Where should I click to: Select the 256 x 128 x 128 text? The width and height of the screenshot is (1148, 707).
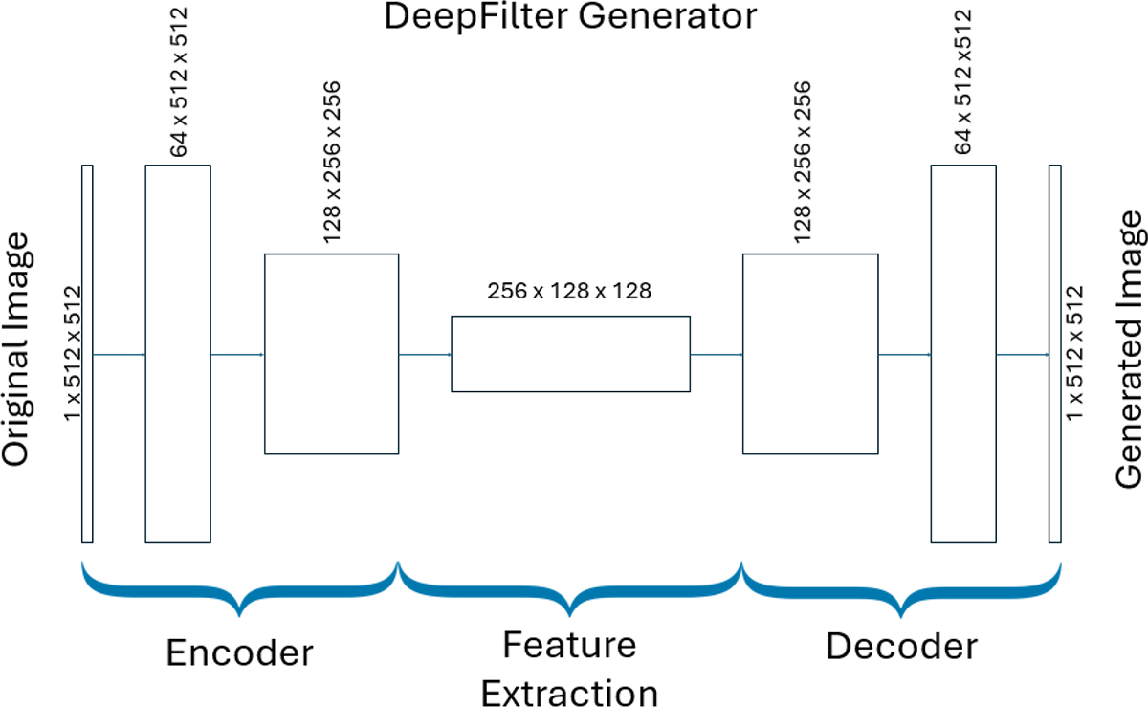click(569, 291)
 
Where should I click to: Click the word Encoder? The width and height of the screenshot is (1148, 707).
click(239, 652)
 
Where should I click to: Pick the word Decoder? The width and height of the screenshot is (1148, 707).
click(901, 648)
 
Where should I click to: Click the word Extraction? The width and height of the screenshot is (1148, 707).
click(569, 692)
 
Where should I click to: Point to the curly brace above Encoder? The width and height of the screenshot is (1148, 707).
click(240, 585)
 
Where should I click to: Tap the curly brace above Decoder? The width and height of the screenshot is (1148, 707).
click(901, 585)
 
